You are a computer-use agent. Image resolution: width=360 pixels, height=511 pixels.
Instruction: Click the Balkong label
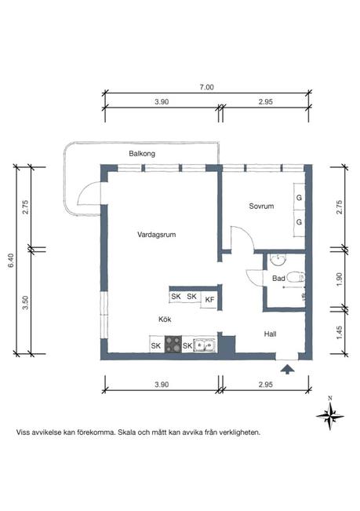pos(142,154)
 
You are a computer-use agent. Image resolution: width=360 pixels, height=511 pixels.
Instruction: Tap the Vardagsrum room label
pos(157,235)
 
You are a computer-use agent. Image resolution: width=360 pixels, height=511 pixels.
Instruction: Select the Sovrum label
pos(261,206)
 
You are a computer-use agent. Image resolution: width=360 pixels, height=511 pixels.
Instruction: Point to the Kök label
pos(165,319)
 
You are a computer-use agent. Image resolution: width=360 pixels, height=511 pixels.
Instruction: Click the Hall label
pos(270,334)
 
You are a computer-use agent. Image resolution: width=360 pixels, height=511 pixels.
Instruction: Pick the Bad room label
pos(278,279)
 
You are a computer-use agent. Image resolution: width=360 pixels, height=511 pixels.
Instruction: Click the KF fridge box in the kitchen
pos(209,300)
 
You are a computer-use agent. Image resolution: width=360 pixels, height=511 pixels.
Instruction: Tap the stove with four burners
pos(173,344)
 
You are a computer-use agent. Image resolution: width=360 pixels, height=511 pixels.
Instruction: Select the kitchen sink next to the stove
pos(205,345)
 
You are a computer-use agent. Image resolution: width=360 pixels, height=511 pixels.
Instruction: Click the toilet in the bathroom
pos(296,277)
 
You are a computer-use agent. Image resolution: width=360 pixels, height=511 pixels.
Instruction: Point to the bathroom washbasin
pos(278,259)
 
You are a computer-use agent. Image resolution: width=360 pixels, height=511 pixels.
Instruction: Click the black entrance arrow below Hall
pos(287,369)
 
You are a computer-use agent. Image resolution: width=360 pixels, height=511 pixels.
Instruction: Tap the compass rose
pos(330,415)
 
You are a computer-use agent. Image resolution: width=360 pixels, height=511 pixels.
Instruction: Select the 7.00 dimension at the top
pos(207,87)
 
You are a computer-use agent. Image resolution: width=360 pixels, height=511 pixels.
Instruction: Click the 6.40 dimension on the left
pos(12,261)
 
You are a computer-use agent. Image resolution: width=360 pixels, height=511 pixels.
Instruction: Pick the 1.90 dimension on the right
pos(339,279)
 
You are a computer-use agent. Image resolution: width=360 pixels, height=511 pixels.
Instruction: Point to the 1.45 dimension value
pos(339,333)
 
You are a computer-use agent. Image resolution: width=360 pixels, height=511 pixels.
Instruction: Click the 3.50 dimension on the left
pos(26,302)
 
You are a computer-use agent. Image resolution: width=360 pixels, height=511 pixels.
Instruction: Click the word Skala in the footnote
pos(126,433)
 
